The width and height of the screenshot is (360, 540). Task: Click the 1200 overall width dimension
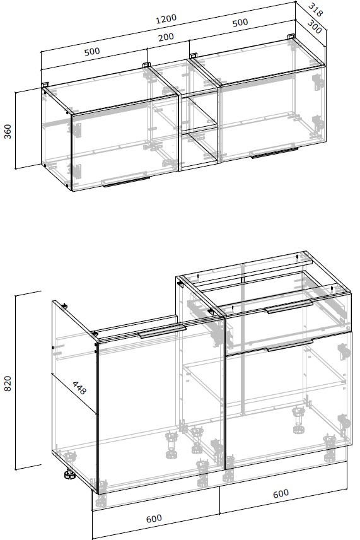click(x=166, y=18)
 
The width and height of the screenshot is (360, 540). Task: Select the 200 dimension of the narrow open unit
click(x=166, y=37)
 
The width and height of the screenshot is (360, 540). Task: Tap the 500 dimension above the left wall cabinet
click(x=92, y=51)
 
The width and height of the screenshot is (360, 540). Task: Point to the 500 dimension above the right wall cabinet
click(x=240, y=22)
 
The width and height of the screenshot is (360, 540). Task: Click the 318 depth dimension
click(x=315, y=9)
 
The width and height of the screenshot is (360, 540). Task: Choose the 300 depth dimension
click(x=314, y=27)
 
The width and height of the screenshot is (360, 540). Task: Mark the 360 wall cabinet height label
click(x=8, y=131)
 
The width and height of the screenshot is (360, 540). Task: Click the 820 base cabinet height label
click(x=8, y=384)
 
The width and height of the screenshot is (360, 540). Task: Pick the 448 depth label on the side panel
click(x=79, y=387)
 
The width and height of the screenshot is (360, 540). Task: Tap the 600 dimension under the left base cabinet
click(x=153, y=519)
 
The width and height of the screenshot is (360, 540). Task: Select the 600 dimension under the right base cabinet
click(x=281, y=494)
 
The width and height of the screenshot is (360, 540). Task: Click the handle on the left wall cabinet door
click(x=126, y=180)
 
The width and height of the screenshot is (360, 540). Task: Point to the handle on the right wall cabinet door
click(x=274, y=153)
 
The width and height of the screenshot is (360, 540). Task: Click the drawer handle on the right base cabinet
click(x=289, y=307)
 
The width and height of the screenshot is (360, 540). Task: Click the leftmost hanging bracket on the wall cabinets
click(x=45, y=85)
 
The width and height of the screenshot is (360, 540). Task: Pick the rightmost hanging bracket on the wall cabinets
click(x=291, y=36)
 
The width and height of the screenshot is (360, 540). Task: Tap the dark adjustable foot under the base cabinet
click(x=69, y=474)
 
